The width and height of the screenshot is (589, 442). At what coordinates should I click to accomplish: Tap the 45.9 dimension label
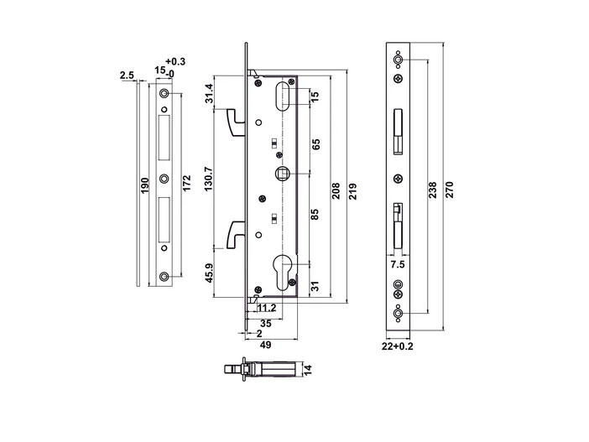tap(209, 273)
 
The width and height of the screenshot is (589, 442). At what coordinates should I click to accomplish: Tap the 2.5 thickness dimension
tap(127, 76)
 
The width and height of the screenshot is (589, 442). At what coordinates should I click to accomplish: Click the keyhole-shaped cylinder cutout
tap(283, 268)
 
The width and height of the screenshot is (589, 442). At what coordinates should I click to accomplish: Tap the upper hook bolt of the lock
tap(234, 124)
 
